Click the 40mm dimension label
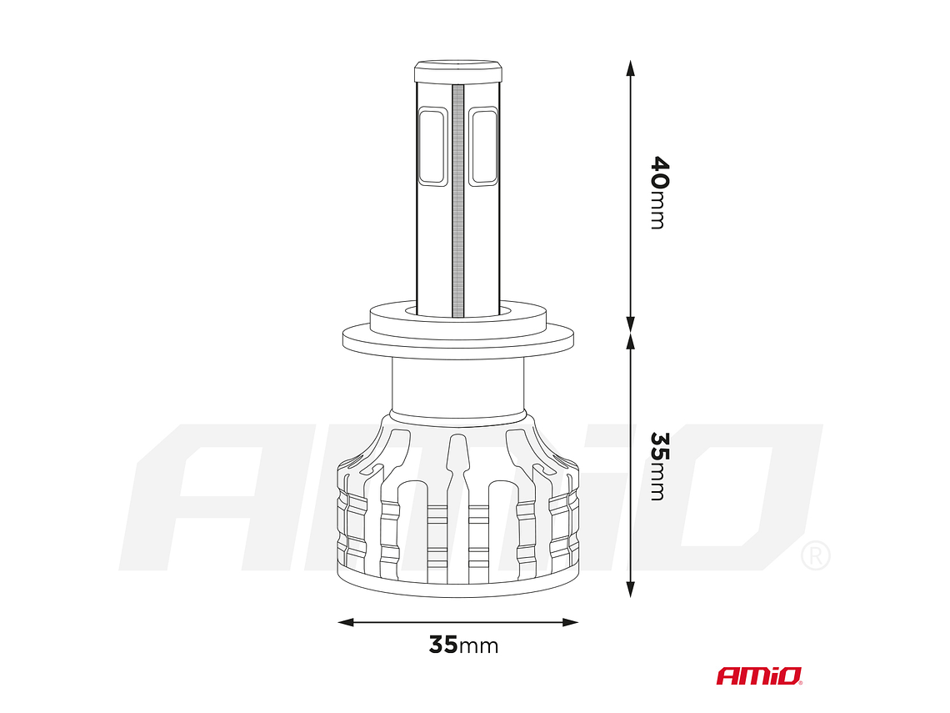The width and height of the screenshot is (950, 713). coord(658,192)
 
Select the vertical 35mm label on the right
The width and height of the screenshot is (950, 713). coord(658,465)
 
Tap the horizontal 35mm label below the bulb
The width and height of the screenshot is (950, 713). coord(463,645)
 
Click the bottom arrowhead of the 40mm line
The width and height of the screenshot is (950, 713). coord(631,324)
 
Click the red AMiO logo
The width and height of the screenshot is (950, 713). coord(759,675)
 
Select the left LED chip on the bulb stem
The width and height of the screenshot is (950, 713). coord(432,146)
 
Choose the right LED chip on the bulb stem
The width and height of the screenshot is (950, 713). coord(483,146)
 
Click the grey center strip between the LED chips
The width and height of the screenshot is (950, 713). coord(457,200)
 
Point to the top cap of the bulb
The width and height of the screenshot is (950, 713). coord(457,70)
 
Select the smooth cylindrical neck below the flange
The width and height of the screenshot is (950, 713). coord(457,388)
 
